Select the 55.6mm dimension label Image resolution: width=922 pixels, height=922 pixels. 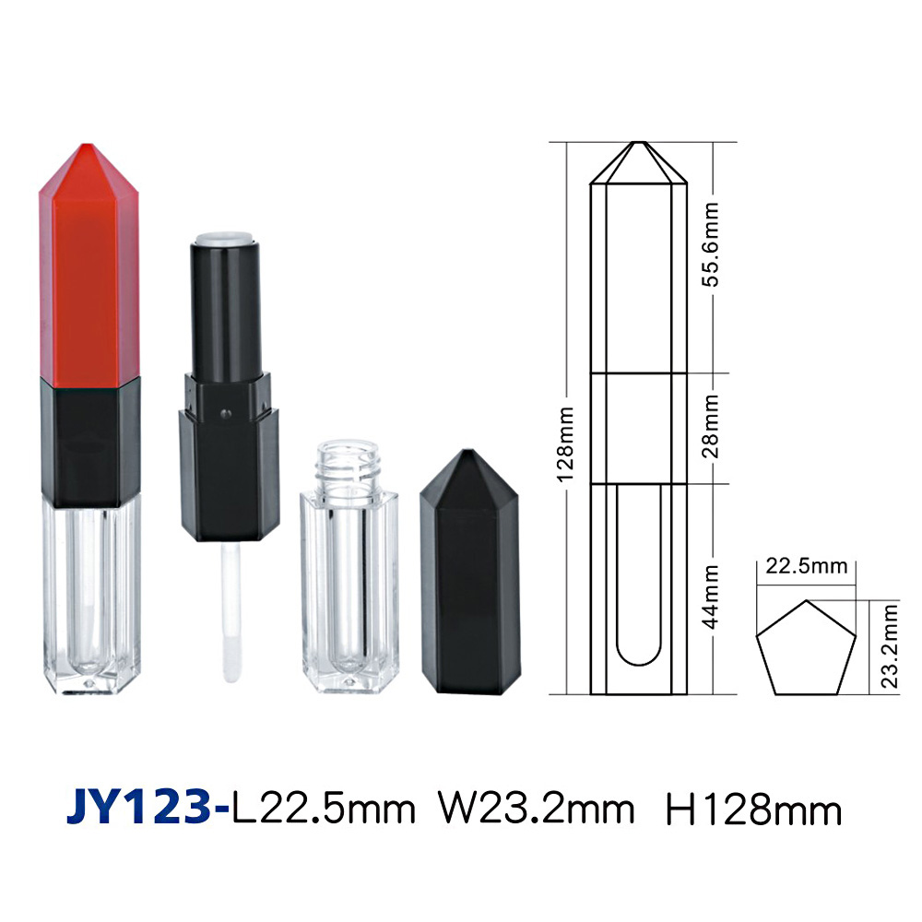point(712,244)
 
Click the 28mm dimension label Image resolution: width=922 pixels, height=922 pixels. point(712,426)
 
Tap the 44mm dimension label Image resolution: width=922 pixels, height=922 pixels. point(712,597)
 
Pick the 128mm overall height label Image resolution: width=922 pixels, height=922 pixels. point(566,444)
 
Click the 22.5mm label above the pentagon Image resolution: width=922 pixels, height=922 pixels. point(806,566)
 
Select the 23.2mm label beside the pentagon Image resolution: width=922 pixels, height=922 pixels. point(890,645)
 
